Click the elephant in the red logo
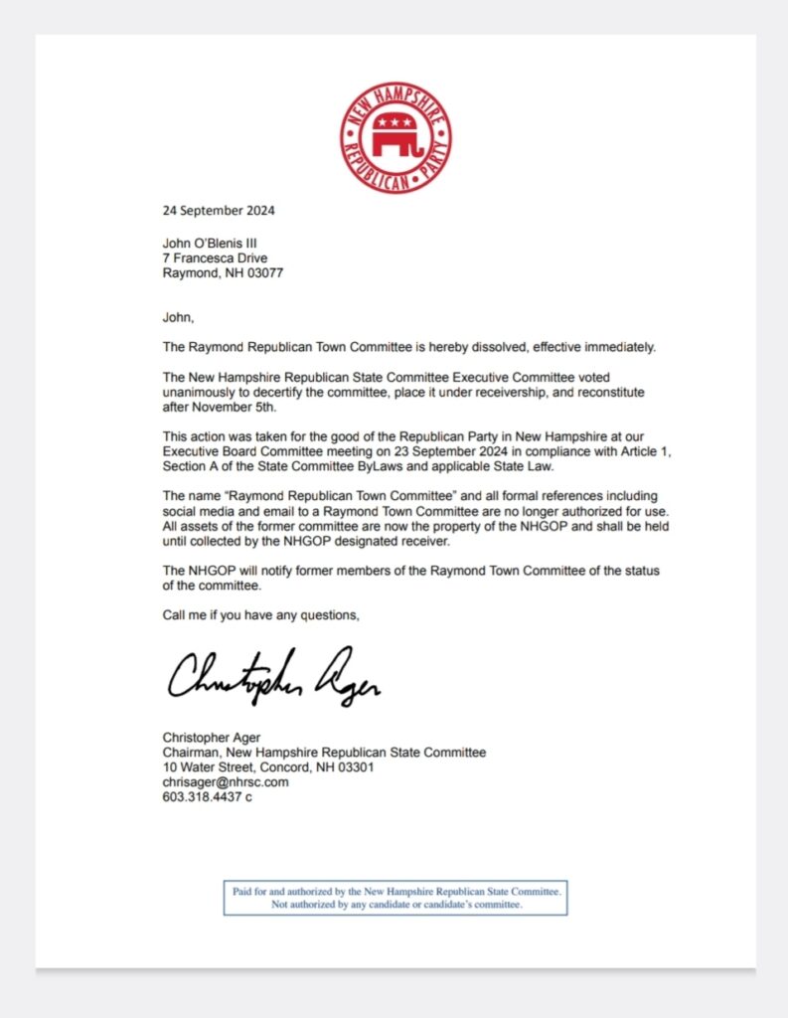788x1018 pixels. click(394, 138)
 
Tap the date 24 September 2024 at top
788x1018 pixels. click(219, 211)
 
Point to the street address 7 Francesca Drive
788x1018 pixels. click(215, 258)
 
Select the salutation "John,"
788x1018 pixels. click(178, 318)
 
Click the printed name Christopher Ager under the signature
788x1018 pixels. click(211, 738)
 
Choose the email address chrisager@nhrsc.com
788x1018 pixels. click(226, 782)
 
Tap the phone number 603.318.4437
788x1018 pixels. click(202, 797)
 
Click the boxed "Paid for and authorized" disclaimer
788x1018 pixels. click(394, 899)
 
